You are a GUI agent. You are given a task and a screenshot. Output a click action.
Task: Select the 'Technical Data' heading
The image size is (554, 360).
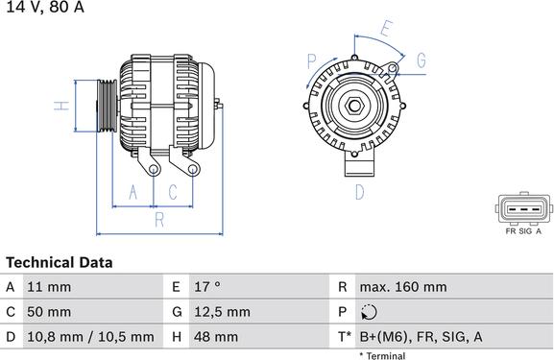click(x=60, y=262)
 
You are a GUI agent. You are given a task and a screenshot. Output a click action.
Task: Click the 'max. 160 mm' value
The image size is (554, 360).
click(x=402, y=287)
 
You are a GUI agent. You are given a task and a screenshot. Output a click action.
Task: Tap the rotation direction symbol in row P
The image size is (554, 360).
click(x=371, y=312)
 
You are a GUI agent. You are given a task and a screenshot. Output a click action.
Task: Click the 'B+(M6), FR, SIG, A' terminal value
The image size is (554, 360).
click(x=421, y=337)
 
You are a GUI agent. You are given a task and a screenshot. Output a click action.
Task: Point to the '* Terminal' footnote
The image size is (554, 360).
click(x=382, y=356)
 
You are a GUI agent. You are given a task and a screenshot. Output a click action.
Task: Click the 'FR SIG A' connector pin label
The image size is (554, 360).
click(x=523, y=231)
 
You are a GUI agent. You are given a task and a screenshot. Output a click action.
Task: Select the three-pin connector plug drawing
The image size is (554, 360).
click(x=523, y=208)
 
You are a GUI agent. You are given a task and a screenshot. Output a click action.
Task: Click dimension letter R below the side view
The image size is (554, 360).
click(x=159, y=220)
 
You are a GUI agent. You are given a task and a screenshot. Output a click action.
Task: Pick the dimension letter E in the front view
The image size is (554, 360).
click(x=386, y=29)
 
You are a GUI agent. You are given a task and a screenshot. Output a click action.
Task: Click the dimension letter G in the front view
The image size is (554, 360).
click(x=421, y=60)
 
